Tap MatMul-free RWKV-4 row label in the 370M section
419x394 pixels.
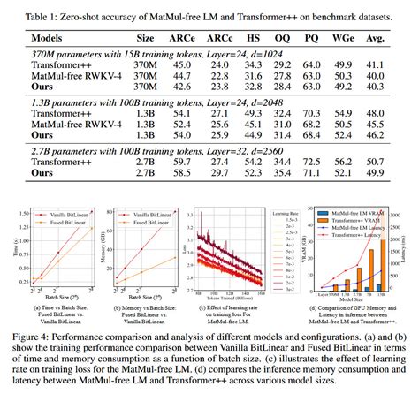[75, 77]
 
